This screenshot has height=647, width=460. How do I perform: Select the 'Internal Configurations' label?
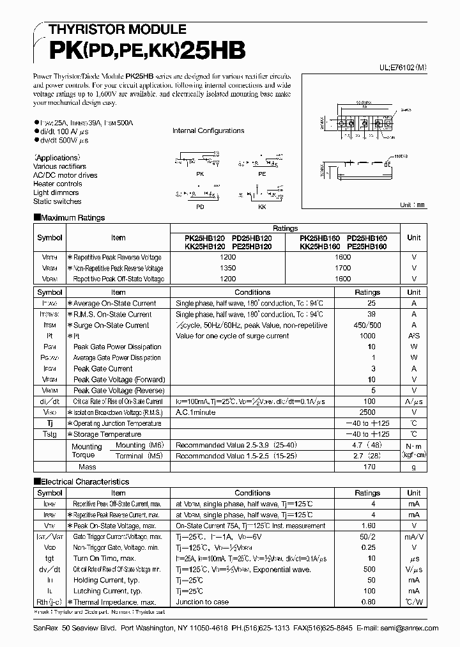click(x=208, y=131)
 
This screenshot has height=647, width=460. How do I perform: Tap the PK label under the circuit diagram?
click(x=199, y=173)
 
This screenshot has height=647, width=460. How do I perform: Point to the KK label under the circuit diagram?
click(x=262, y=207)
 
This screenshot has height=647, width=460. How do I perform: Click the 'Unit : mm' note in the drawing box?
click(x=412, y=205)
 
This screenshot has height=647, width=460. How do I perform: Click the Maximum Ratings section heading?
click(x=72, y=218)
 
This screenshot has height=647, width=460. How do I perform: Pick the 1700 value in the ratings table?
click(x=343, y=269)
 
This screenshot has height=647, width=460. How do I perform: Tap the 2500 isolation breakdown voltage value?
click(x=367, y=412)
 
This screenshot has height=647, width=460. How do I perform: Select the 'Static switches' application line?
click(x=57, y=201)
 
